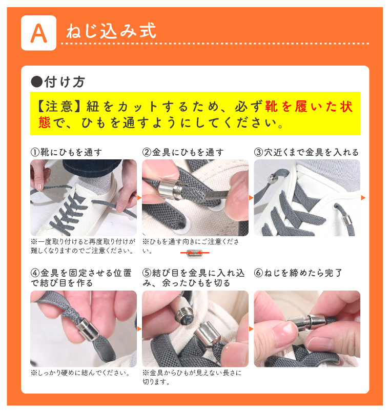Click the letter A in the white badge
(38, 33)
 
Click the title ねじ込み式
(111, 31)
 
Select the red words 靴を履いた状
(309, 107)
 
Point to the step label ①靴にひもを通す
(66, 152)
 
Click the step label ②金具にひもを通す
(183, 152)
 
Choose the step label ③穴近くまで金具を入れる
(306, 152)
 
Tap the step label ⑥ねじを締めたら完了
(298, 273)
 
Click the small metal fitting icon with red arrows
(195, 253)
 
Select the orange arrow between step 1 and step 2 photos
(139, 198)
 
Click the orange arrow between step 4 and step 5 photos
(139, 328)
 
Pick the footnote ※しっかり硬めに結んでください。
(80, 373)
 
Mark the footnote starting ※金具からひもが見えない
(192, 377)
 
